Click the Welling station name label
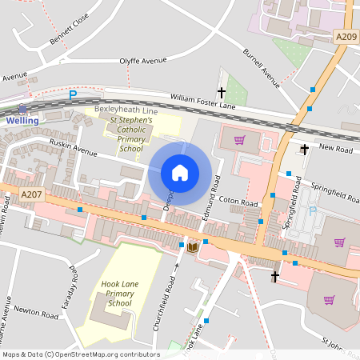tap(22, 120)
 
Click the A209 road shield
tap(346, 36)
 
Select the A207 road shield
tap(31, 194)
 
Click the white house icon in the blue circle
tap(180, 173)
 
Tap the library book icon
tap(192, 247)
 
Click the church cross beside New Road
tap(304, 149)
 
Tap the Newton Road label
tap(38, 316)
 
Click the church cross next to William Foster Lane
tap(222, 94)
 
